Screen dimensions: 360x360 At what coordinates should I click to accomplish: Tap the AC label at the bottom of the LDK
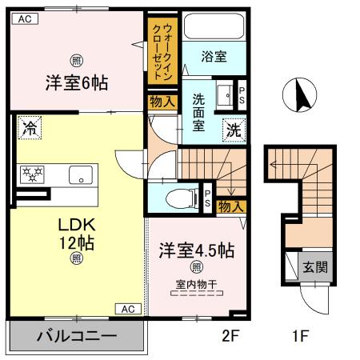tap(128, 308)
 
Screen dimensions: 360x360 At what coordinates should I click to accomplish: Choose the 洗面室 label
tap(199, 112)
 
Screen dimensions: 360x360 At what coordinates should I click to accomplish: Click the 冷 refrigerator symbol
tap(29, 126)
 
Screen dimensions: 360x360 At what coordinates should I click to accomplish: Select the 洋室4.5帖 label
tap(196, 250)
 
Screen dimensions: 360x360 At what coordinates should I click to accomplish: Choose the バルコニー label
tap(77, 337)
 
